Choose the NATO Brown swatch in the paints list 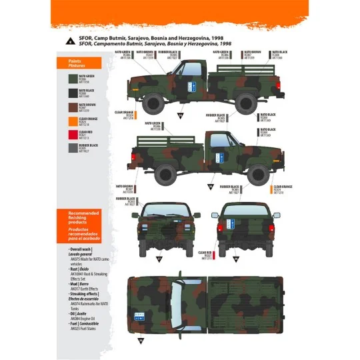71,105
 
